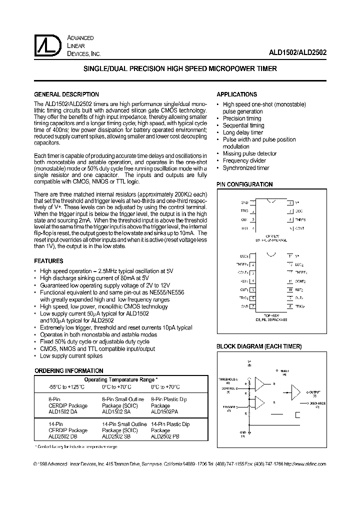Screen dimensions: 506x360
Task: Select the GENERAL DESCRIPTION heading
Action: coord(66,94)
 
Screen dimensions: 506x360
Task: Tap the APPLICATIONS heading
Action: coord(236,94)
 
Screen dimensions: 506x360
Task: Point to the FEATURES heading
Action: coord(48,261)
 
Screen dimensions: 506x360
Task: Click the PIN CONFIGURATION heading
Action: coord(244,184)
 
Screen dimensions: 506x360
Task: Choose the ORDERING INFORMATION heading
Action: coord(68,371)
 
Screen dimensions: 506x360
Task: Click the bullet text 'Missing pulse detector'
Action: coord(249,153)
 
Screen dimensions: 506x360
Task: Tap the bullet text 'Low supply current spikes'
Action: coord(71,356)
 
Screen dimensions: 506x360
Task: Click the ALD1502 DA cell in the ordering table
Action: coord(55,411)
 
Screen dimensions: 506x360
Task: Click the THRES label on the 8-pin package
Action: coord(300,219)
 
